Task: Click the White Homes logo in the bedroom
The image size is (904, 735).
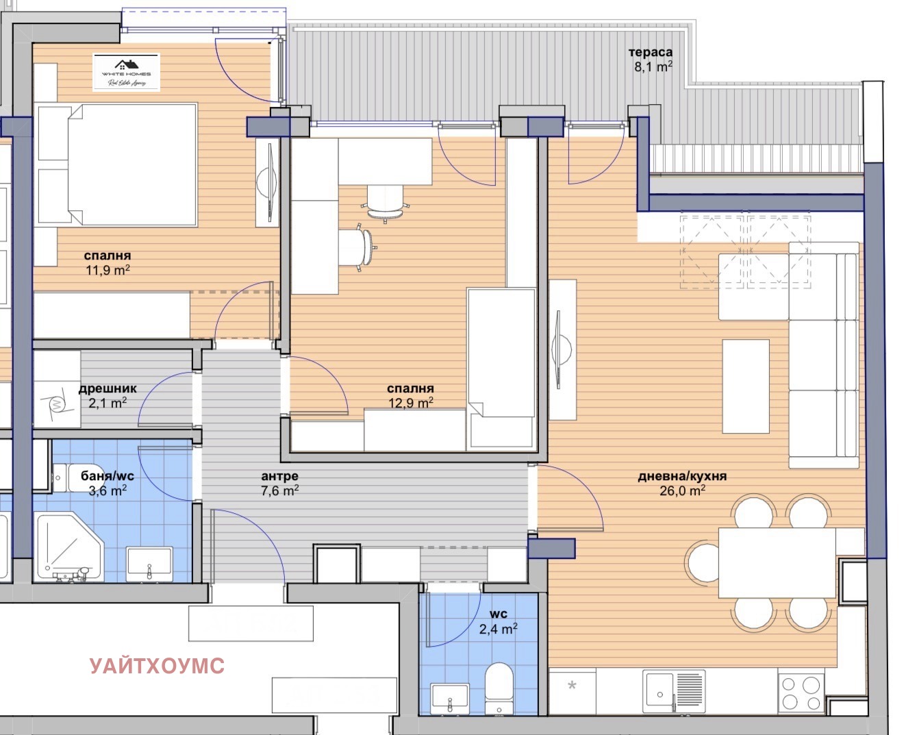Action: [127, 72]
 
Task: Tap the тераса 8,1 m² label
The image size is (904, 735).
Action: [651, 60]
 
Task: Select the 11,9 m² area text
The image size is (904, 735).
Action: [108, 270]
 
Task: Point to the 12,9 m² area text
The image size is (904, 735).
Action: [411, 403]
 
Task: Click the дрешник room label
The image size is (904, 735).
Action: [108, 388]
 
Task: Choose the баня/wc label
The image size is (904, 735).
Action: [108, 476]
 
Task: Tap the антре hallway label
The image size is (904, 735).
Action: [279, 476]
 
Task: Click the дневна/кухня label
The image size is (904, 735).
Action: [682, 476]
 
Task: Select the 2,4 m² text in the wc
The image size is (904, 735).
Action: [498, 628]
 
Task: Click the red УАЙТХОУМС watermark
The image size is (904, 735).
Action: [157, 665]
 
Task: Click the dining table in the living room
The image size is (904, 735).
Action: [777, 562]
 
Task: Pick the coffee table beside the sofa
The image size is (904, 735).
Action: [746, 386]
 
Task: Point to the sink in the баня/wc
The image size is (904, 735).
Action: [149, 564]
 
